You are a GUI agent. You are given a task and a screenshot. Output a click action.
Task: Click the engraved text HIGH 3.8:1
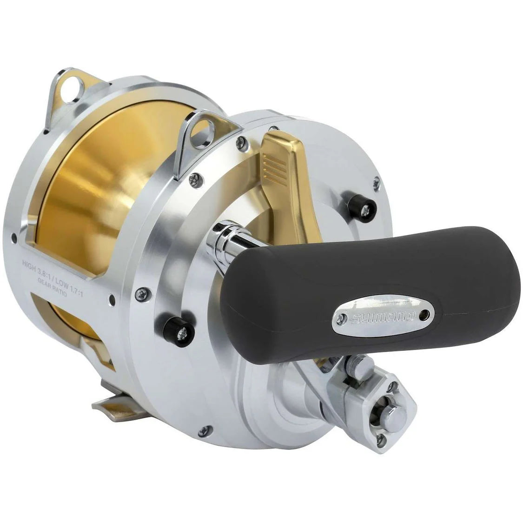pyautogui.click(x=44, y=265)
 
